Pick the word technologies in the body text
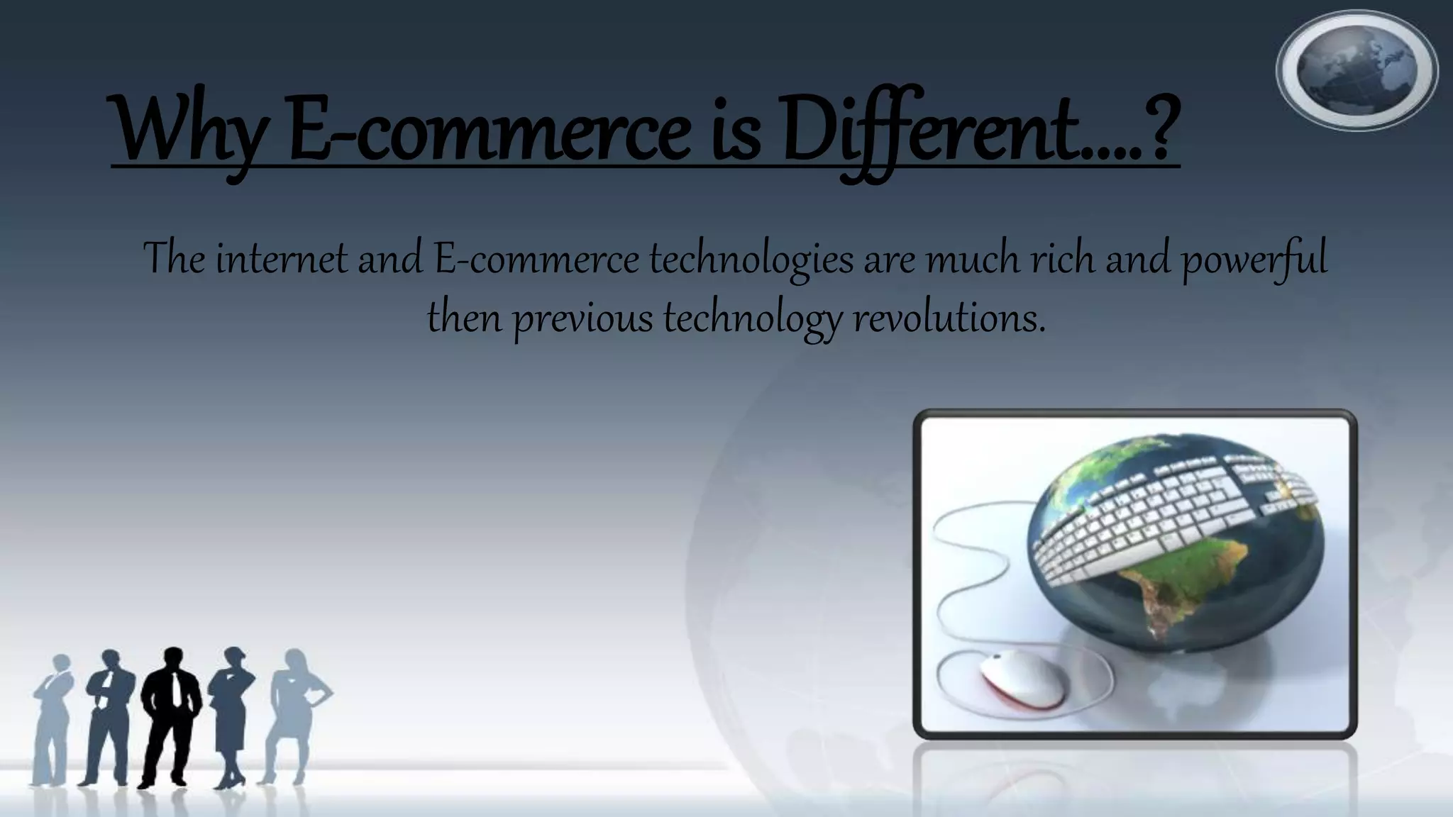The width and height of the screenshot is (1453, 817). tap(751, 260)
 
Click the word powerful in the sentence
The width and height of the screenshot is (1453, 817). tap(1254, 260)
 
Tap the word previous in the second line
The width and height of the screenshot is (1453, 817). tap(582, 318)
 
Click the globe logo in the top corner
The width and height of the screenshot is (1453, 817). tap(1357, 70)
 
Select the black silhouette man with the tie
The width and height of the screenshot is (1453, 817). tap(170, 716)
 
